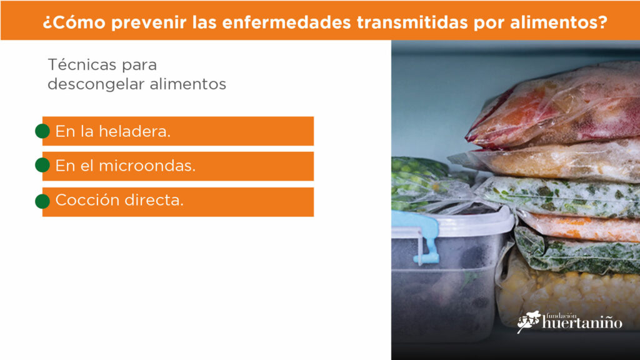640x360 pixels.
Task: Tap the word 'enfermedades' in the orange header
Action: point(286,22)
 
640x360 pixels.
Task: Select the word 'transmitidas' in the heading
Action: point(412,22)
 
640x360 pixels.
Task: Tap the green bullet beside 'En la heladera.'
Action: point(42,131)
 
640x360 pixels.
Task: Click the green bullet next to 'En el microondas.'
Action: point(42,165)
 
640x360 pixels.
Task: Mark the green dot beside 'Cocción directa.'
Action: point(42,201)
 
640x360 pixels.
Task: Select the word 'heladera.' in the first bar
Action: point(135,131)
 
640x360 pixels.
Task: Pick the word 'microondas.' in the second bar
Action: point(147,166)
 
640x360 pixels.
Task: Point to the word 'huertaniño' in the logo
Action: point(582,323)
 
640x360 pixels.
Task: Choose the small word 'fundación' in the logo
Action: point(561,316)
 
